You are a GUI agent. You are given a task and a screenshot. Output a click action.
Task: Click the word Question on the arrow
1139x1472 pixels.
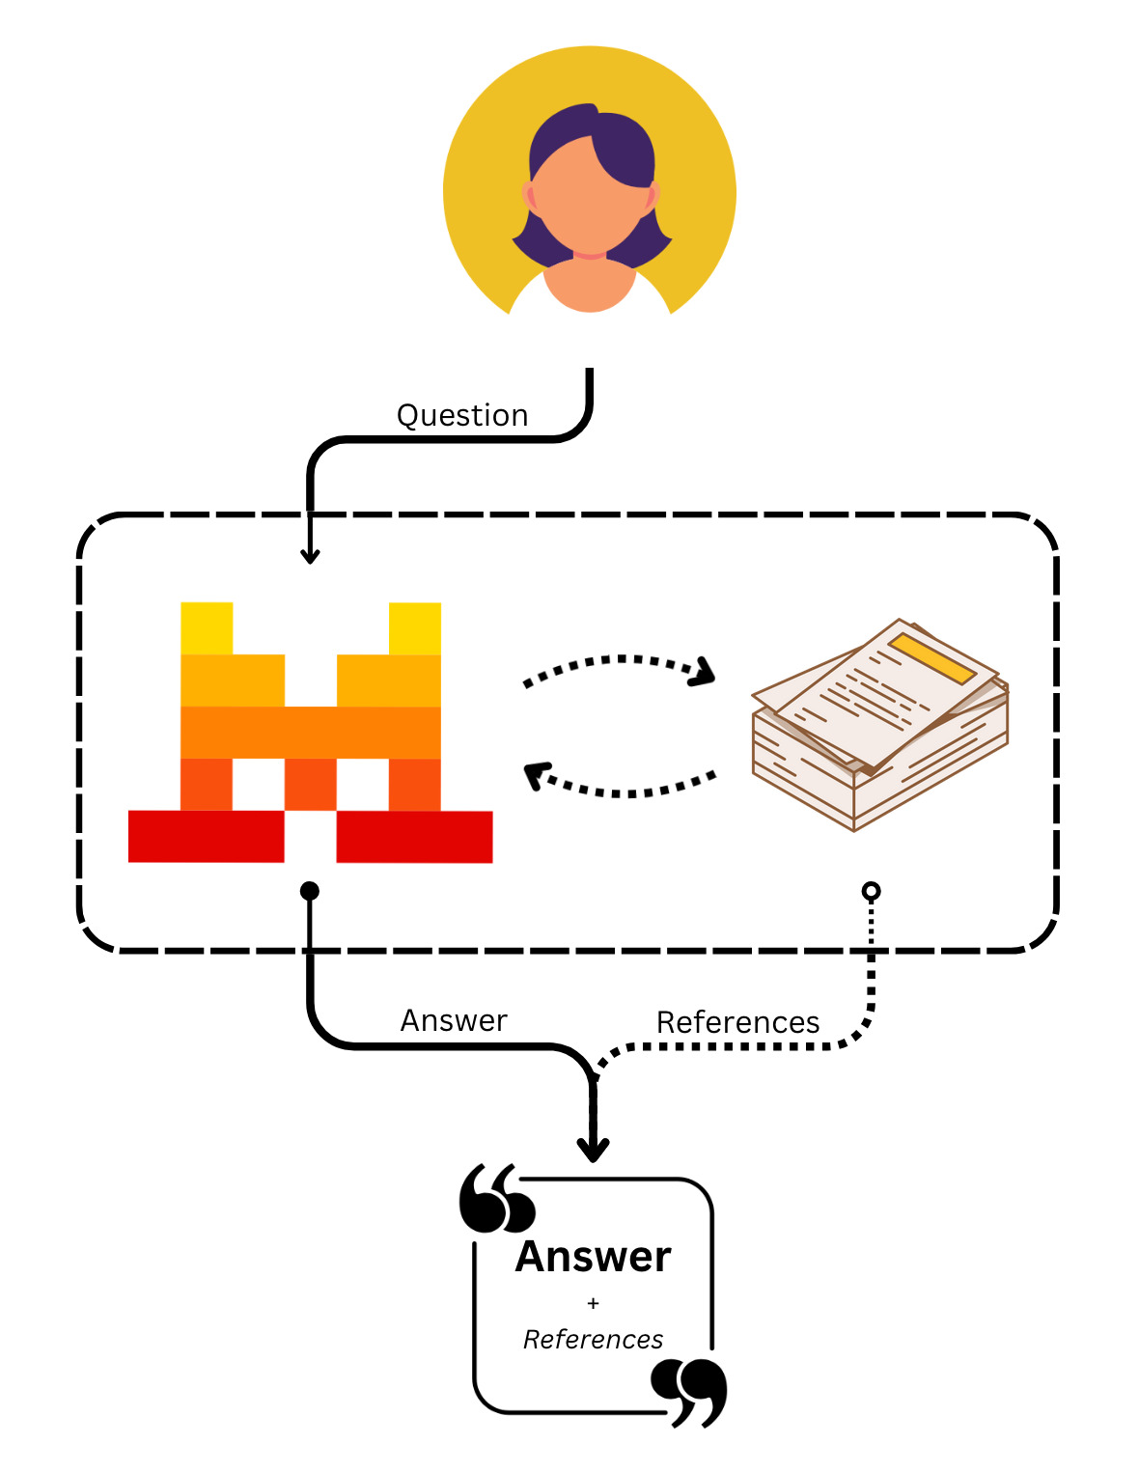462,415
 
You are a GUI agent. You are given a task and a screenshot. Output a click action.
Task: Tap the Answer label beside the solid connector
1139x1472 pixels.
454,1020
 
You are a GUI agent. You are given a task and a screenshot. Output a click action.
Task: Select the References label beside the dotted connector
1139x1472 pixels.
737,1022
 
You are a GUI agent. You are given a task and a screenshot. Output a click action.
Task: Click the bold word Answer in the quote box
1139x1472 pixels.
593,1257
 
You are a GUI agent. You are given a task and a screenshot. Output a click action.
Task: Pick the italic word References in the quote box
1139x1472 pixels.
593,1340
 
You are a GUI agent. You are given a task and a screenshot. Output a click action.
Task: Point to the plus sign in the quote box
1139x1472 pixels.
593,1303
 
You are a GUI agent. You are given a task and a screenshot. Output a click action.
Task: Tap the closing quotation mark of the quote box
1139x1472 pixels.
688,1391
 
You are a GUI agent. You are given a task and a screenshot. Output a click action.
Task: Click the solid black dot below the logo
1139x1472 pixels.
310,891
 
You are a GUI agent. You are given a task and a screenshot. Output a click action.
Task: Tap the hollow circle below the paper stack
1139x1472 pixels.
871,891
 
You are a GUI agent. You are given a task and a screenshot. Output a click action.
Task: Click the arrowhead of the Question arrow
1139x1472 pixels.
310,556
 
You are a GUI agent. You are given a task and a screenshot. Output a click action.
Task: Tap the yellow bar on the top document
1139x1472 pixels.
932,658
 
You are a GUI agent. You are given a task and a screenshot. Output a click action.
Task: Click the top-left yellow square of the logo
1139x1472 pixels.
207,628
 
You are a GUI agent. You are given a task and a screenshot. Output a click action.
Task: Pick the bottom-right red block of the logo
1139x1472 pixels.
414,836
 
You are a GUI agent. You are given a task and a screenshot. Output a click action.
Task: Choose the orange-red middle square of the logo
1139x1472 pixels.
311,784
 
